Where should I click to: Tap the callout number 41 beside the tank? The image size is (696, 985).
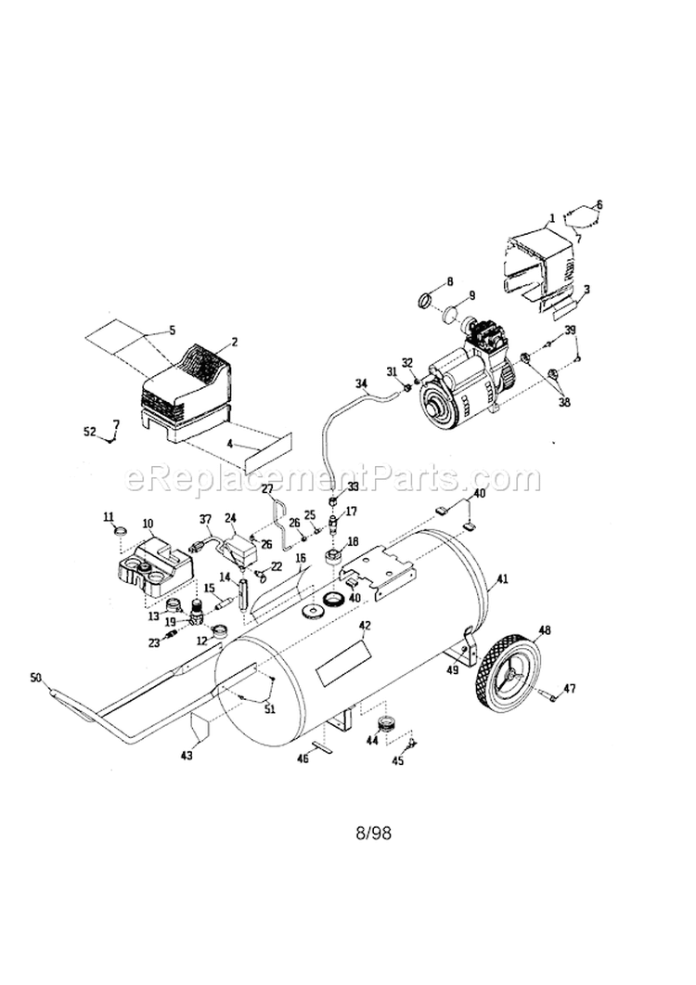[x=502, y=579]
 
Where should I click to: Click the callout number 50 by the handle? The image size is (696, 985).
[x=36, y=680]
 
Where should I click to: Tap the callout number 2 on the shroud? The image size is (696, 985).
[x=234, y=342]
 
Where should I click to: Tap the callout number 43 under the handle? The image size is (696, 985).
[x=187, y=755]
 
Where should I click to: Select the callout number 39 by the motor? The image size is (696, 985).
[x=571, y=330]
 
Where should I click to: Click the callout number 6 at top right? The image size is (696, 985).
[x=599, y=204]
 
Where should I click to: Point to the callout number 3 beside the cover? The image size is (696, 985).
[x=586, y=289]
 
